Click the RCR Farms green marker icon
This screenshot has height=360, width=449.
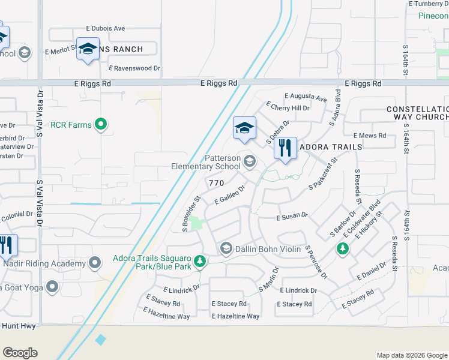(x=101, y=125)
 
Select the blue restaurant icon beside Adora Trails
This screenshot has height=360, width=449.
(x=285, y=148)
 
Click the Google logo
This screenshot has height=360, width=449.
(x=20, y=353)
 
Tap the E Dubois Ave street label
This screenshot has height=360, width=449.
(x=106, y=28)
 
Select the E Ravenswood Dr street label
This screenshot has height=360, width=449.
(x=134, y=68)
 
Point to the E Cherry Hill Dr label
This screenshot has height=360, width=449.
(x=290, y=108)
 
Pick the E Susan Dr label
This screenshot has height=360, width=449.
(x=292, y=215)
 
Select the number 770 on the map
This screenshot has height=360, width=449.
(x=216, y=182)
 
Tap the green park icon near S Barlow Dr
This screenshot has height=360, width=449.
(x=343, y=248)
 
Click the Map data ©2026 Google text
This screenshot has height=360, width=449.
(x=411, y=355)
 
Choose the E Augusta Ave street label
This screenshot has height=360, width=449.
(x=306, y=96)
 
